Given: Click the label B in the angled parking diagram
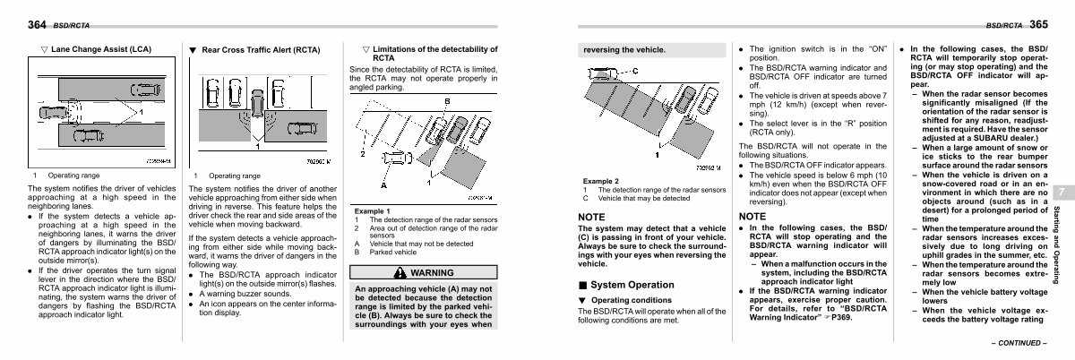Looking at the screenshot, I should [x=446, y=100].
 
